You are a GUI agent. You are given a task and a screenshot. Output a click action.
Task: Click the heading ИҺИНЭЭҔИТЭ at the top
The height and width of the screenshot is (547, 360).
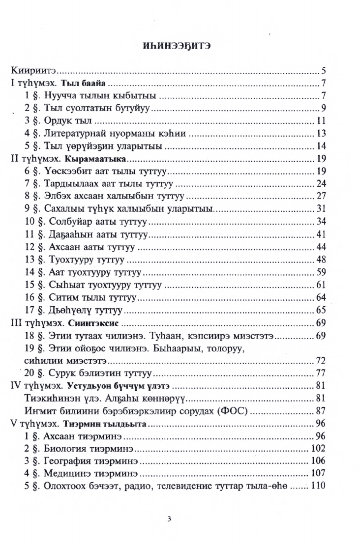[x=180, y=47]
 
